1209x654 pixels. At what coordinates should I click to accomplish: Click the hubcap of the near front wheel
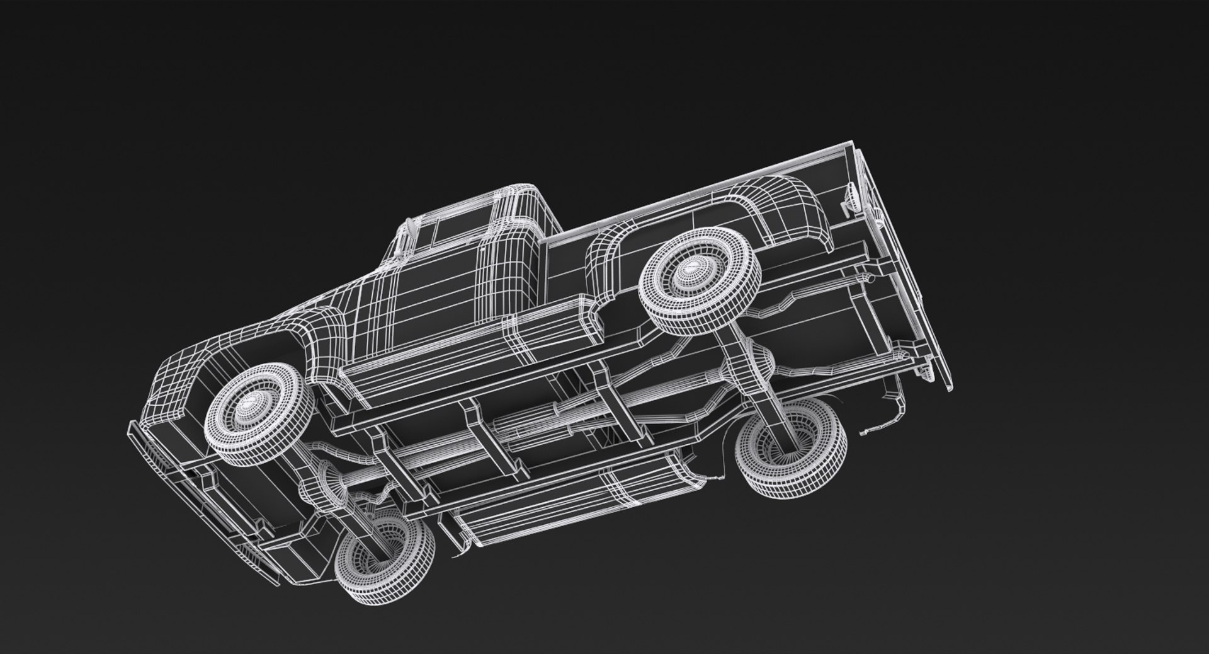point(254,403)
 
